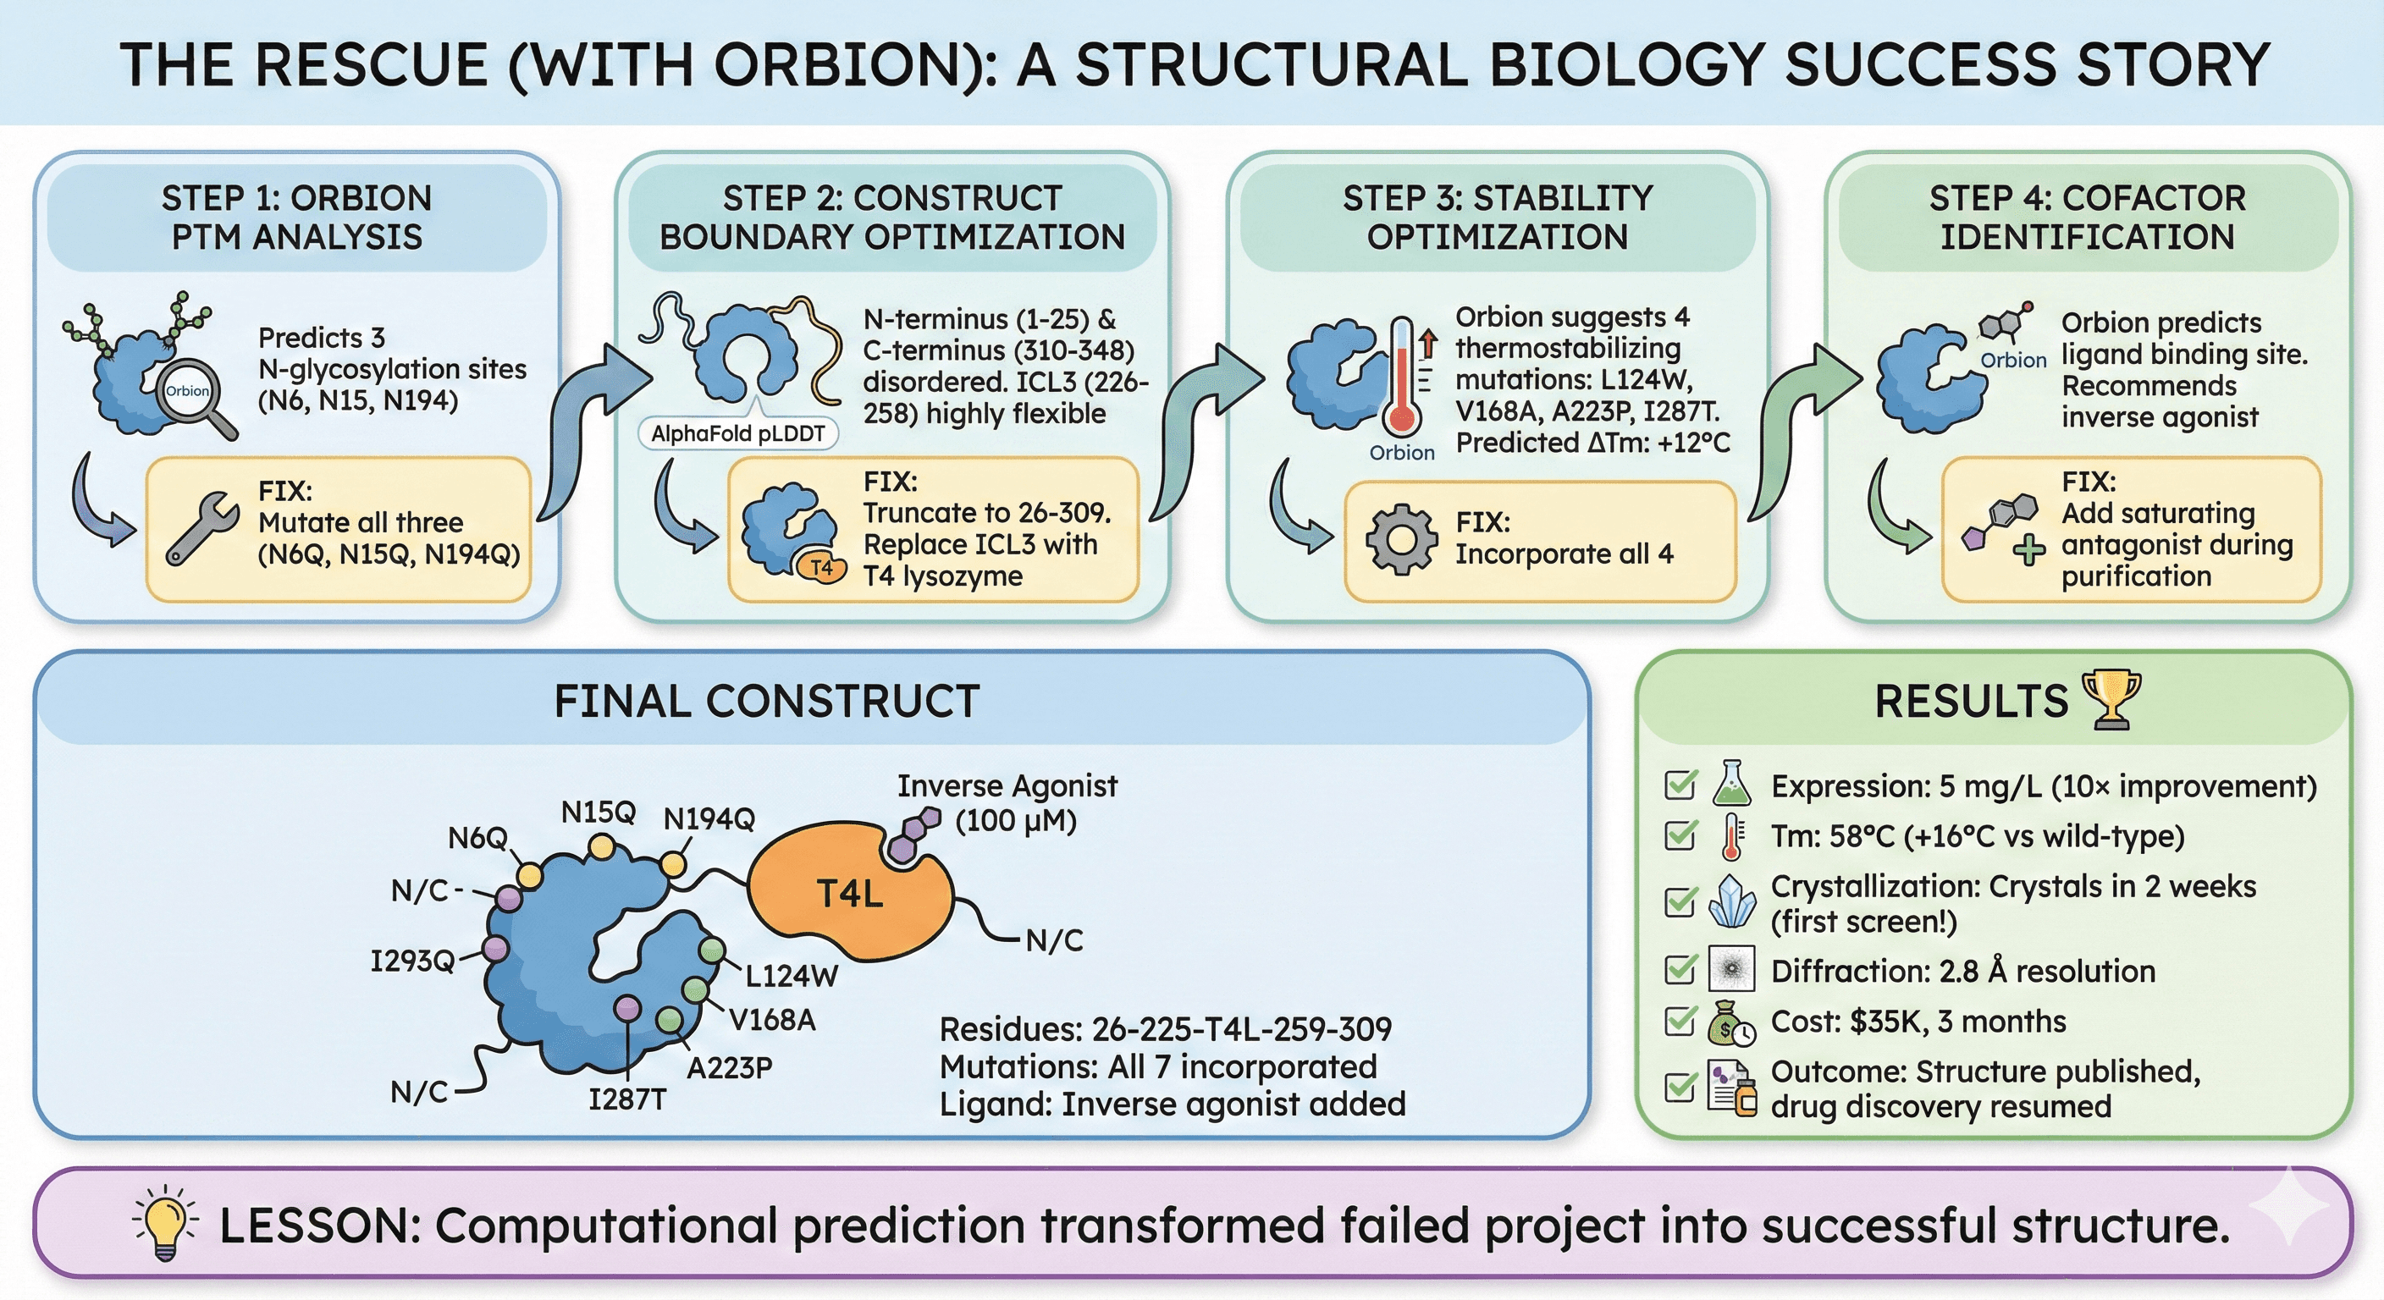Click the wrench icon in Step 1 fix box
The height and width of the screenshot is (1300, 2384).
pyautogui.click(x=201, y=528)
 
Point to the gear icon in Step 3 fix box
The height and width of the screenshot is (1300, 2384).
pyautogui.click(x=1401, y=539)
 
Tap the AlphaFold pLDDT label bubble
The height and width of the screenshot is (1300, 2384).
pyautogui.click(x=737, y=433)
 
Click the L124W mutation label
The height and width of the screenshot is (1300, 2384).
pyautogui.click(x=792, y=975)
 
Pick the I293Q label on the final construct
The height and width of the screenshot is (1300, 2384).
pyautogui.click(x=411, y=961)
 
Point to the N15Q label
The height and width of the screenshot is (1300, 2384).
pyautogui.click(x=598, y=812)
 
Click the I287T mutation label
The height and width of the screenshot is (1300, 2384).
pyautogui.click(x=627, y=1099)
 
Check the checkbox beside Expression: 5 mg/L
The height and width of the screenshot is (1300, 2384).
pyautogui.click(x=1680, y=785)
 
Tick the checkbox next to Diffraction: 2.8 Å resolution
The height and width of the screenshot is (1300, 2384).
pyautogui.click(x=1680, y=970)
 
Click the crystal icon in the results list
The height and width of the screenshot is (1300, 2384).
pyautogui.click(x=1731, y=901)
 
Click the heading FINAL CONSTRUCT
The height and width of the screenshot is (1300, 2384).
pyautogui.click(x=766, y=701)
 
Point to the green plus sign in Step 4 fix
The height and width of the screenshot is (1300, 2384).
pyautogui.click(x=2028, y=552)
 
